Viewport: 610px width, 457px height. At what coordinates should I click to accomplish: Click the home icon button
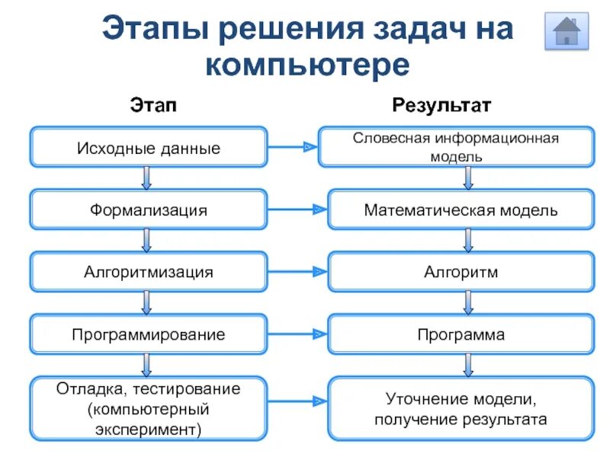pos(567,31)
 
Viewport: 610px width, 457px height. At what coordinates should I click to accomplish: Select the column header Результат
pos(442,104)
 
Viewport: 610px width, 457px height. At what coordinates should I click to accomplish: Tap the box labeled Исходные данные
pos(149,148)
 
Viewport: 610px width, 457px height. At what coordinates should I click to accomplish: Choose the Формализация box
pos(149,209)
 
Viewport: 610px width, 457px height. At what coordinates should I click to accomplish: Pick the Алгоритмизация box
pos(149,272)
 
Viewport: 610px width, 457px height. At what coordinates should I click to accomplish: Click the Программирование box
pos(149,334)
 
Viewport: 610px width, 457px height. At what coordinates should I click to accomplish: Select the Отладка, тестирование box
pos(149,409)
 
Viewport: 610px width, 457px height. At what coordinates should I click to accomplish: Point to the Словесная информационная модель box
pos(456,147)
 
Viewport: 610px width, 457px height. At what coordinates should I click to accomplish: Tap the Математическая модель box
pos(461,209)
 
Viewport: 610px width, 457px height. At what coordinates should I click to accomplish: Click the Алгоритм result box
pos(461,272)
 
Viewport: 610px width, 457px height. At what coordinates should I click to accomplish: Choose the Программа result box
pos(461,334)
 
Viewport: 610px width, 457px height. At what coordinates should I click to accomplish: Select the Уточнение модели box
pos(461,409)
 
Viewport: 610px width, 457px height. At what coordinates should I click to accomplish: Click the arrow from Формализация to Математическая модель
pos(297,209)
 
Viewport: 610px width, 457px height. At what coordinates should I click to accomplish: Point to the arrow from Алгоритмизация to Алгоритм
pos(297,271)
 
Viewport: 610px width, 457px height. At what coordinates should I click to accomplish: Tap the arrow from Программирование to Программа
pos(297,334)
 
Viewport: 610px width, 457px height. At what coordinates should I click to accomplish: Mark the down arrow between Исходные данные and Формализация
pos(147,178)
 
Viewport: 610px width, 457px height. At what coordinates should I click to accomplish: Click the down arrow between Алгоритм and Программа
pos(468,303)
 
